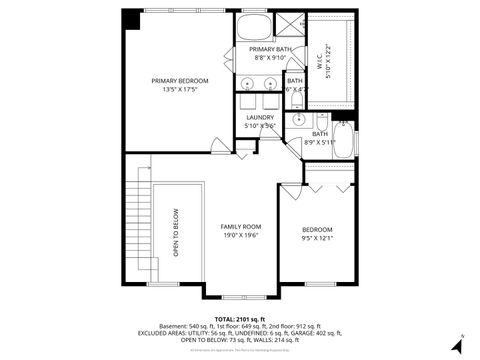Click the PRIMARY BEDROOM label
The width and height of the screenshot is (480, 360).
click(179, 81)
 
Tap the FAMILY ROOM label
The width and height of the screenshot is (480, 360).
click(240, 227)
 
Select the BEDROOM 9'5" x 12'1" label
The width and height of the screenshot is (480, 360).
click(317, 230)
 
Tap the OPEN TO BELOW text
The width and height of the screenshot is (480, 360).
click(176, 232)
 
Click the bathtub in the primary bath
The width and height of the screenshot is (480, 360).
click(254, 26)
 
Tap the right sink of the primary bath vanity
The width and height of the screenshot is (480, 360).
click(269, 83)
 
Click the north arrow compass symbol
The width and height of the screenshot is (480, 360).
click(457, 343)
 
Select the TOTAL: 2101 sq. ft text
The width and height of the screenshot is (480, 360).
click(240, 319)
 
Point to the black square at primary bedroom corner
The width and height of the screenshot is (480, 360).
click(132, 19)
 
